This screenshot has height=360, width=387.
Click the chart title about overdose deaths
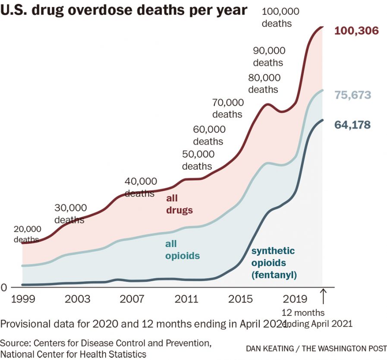(124, 10)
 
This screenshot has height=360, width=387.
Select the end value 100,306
(356, 31)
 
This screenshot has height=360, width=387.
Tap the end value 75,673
(352, 95)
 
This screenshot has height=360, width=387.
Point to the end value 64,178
(352, 125)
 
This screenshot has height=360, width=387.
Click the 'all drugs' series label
(179, 205)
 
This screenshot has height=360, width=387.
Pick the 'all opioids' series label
(182, 250)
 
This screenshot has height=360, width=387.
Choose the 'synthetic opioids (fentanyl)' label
(273, 262)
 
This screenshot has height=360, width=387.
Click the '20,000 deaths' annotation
(27, 234)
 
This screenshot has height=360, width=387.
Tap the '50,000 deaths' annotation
(198, 160)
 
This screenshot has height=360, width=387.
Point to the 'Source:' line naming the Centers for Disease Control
(106, 344)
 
